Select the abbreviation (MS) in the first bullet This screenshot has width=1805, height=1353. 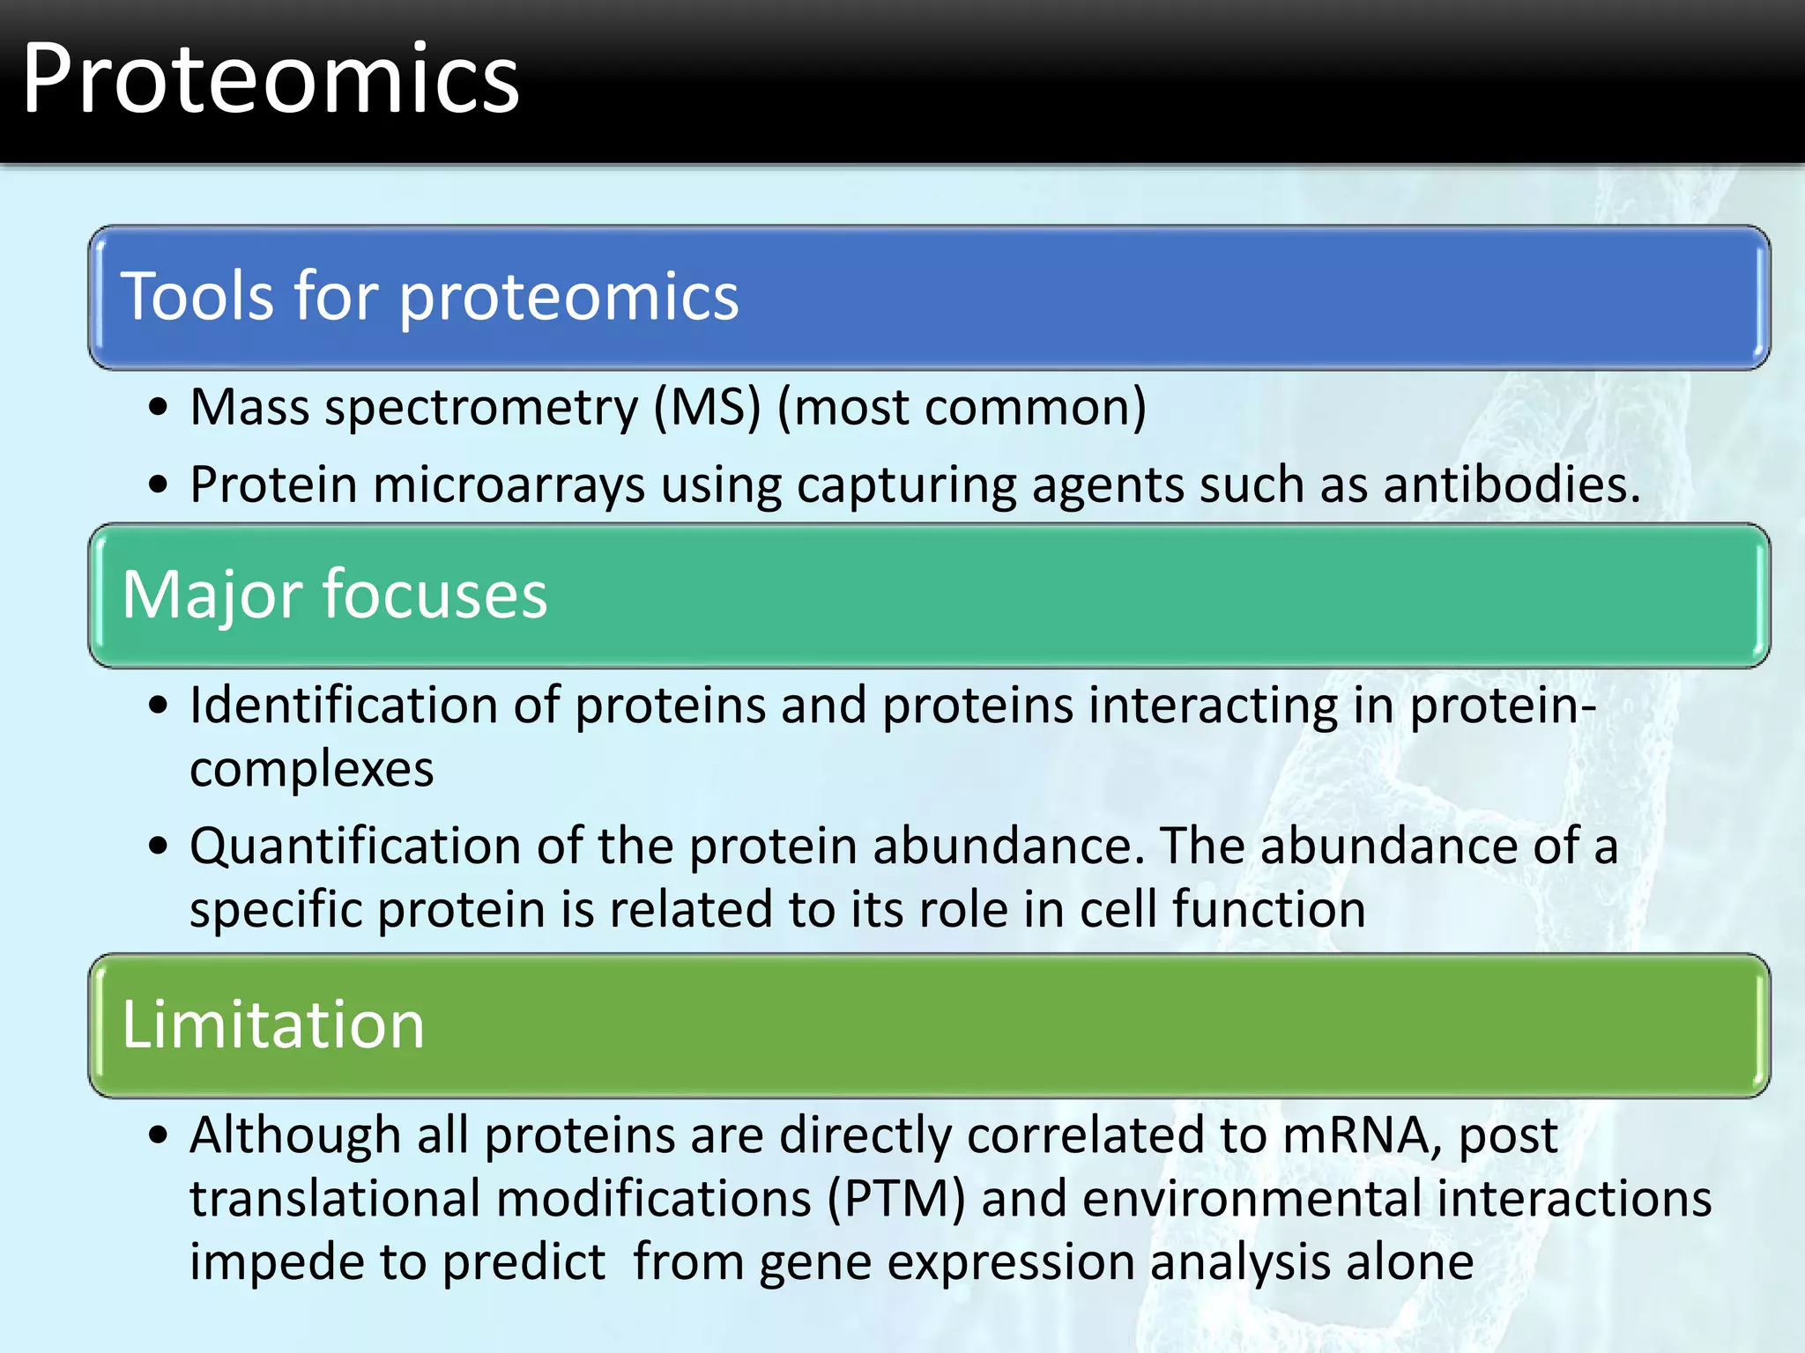click(707, 408)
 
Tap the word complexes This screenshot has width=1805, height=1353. click(311, 769)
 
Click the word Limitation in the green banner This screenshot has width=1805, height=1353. click(273, 1025)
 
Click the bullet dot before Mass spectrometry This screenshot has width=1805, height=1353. click(159, 408)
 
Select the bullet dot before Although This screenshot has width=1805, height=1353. click(159, 1135)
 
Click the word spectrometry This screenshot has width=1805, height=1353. click(481, 408)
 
